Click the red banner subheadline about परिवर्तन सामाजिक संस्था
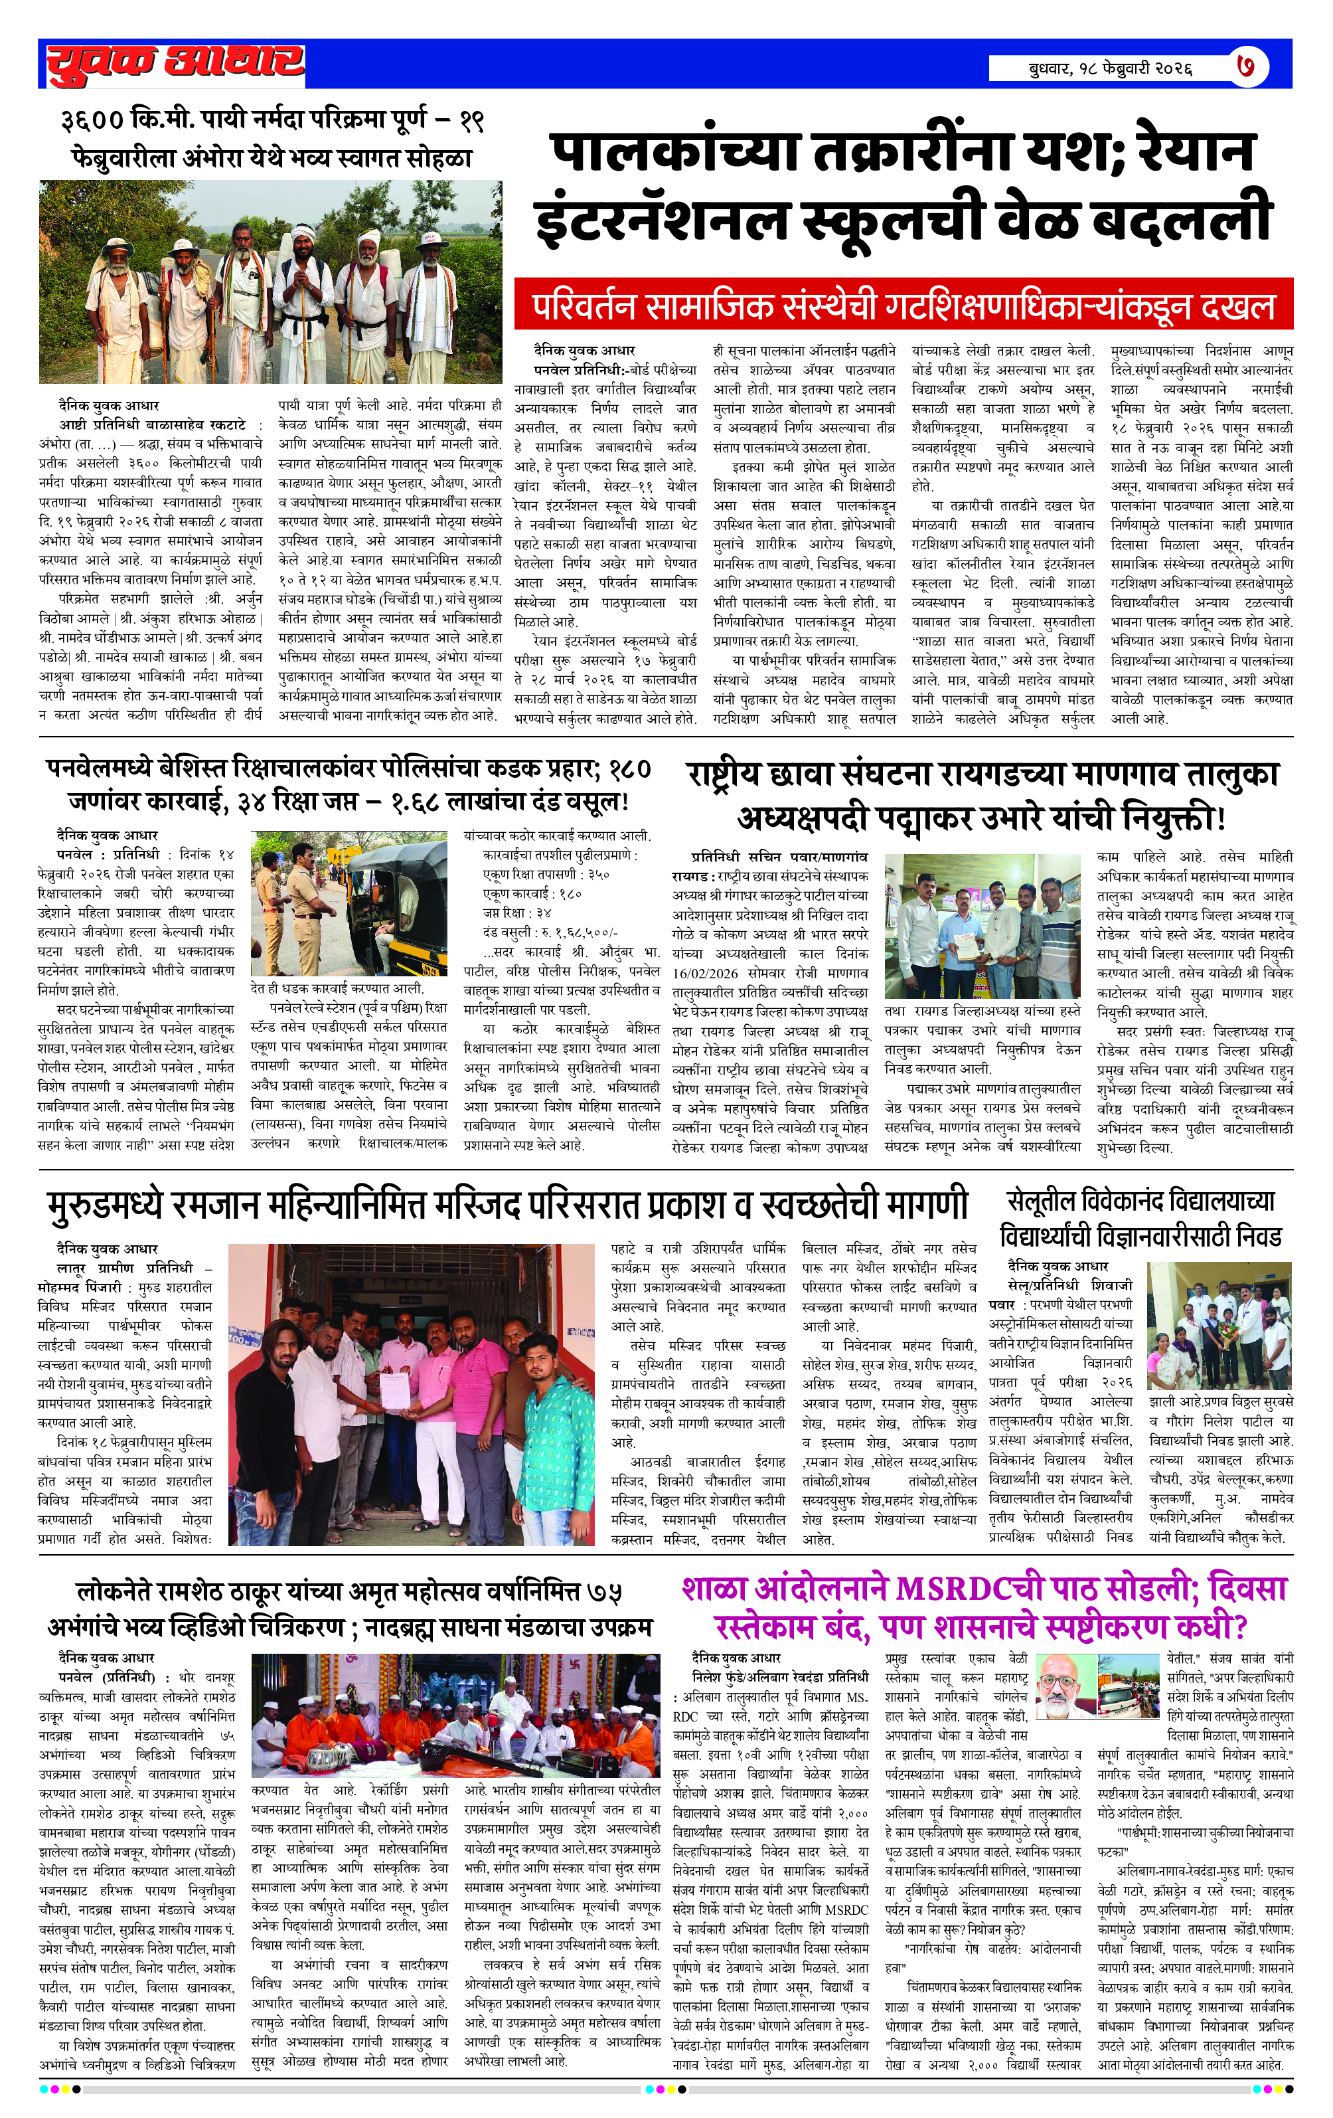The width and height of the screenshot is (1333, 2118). (x=903, y=306)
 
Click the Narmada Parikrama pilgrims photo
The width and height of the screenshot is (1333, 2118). (x=271, y=282)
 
